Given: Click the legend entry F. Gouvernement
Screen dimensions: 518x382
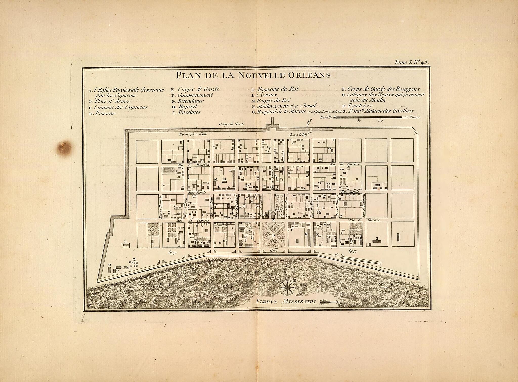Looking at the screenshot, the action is click(x=192, y=95).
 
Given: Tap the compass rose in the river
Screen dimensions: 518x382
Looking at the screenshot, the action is click(x=287, y=288).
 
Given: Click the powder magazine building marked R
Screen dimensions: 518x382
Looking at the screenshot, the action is click(x=126, y=245).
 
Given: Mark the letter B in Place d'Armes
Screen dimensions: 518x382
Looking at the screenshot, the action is click(x=273, y=235).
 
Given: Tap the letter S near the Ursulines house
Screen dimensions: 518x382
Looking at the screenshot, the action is click(x=377, y=238).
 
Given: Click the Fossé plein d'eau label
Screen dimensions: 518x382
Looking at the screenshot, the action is click(x=193, y=134).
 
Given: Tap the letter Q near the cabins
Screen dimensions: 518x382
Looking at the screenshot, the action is click(x=134, y=259).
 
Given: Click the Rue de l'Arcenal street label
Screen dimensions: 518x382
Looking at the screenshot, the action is click(x=363, y=209).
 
